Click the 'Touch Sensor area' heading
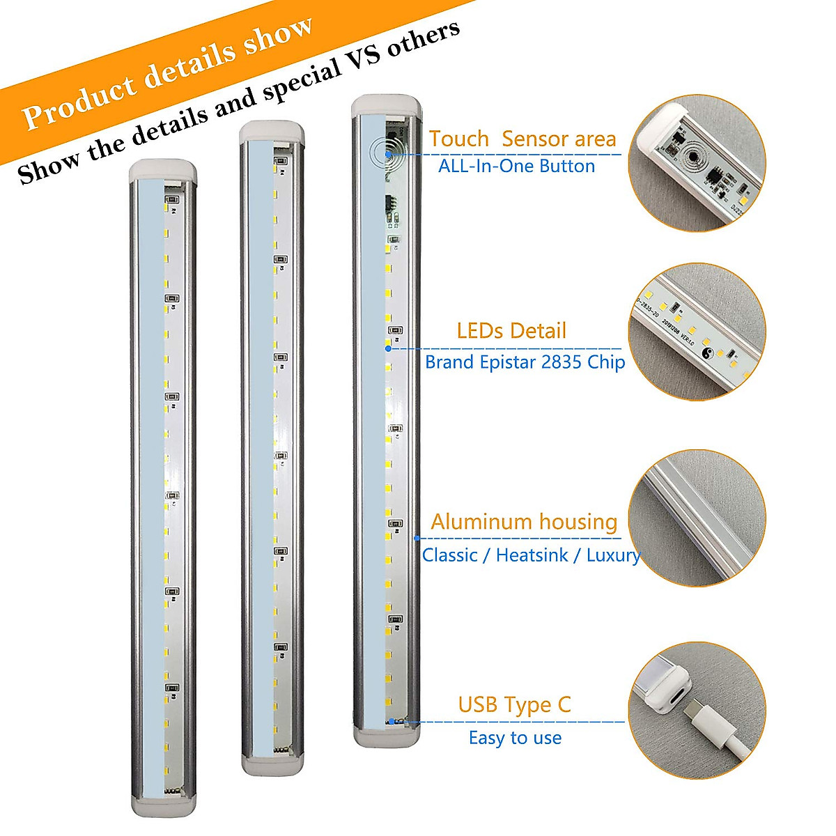[522, 139]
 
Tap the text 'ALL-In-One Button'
[516, 167]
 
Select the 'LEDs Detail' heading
[511, 331]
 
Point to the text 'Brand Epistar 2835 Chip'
[525, 362]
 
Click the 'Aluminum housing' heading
[524, 522]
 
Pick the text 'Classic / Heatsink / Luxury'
[531, 555]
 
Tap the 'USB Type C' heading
[514, 705]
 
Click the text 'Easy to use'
[515, 738]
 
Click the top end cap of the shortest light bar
[162, 169]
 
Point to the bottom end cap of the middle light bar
[273, 764]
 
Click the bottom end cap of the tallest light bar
[387, 735]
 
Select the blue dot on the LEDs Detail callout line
[388, 348]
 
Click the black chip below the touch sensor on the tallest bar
[391, 206]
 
